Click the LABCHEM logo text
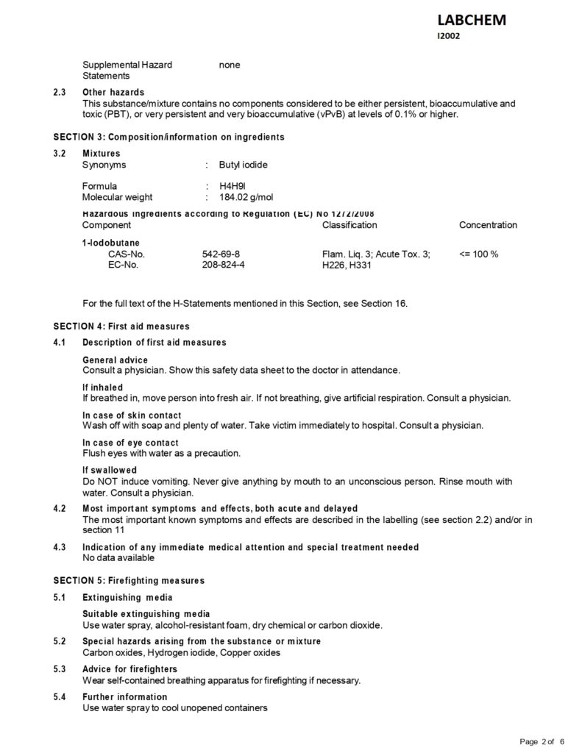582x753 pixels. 472,21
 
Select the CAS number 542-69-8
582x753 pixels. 220,254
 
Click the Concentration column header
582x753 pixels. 488,225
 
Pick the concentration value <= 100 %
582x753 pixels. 479,254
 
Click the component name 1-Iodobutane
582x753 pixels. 111,241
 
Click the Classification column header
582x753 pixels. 349,225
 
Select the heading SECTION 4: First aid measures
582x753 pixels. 121,326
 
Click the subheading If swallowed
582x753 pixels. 110,470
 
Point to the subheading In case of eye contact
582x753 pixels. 130,443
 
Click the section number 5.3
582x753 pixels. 60,669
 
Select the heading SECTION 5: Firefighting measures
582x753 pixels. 129,580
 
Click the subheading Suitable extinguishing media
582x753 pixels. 146,613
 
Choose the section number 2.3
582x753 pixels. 60,93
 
